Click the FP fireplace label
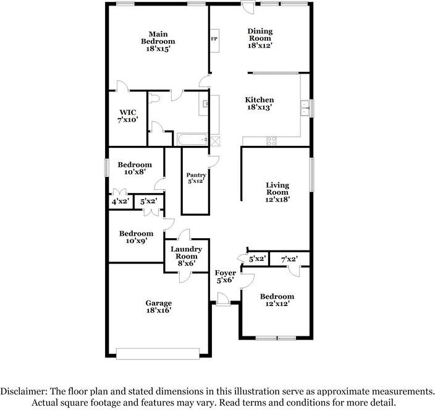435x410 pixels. pos(214,39)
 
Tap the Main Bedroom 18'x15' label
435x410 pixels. pos(158,41)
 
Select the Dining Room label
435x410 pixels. pos(260,35)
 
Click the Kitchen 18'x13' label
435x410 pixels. pos(260,103)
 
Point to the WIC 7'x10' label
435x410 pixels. pos(128,116)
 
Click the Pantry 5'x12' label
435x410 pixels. pos(196,178)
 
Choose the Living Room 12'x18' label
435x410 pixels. pos(277,192)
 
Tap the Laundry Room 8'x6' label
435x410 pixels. pos(186,256)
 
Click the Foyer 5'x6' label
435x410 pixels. pos(226,276)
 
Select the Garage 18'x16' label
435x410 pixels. pos(159,307)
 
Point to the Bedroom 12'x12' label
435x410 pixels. pos(277,300)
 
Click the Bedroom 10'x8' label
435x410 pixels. pos(135,168)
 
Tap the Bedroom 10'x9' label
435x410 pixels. pos(136,237)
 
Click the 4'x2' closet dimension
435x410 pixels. pos(120,201)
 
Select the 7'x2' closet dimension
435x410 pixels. pos(289,259)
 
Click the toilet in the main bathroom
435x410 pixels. pos(153,98)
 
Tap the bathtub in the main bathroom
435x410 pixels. pos(192,139)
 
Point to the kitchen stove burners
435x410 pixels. pos(271,141)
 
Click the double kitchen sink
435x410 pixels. pos(306,108)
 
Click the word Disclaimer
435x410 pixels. pos(24,391)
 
